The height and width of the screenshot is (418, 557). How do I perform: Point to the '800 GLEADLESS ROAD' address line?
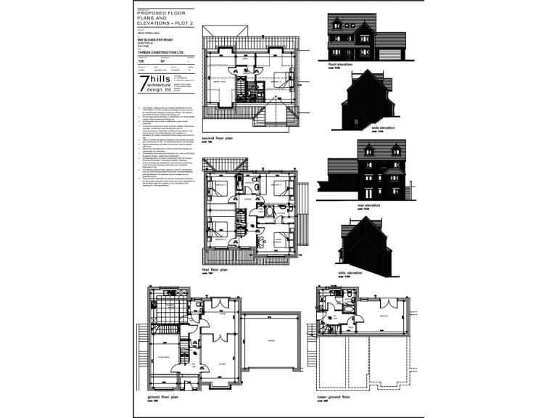pos(157,40)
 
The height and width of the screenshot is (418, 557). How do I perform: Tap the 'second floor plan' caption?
pos(218,138)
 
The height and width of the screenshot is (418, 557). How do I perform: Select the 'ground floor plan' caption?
pos(164,397)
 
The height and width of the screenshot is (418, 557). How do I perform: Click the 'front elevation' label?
pos(341,65)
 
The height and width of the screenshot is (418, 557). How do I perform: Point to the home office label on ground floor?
pos(162,357)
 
